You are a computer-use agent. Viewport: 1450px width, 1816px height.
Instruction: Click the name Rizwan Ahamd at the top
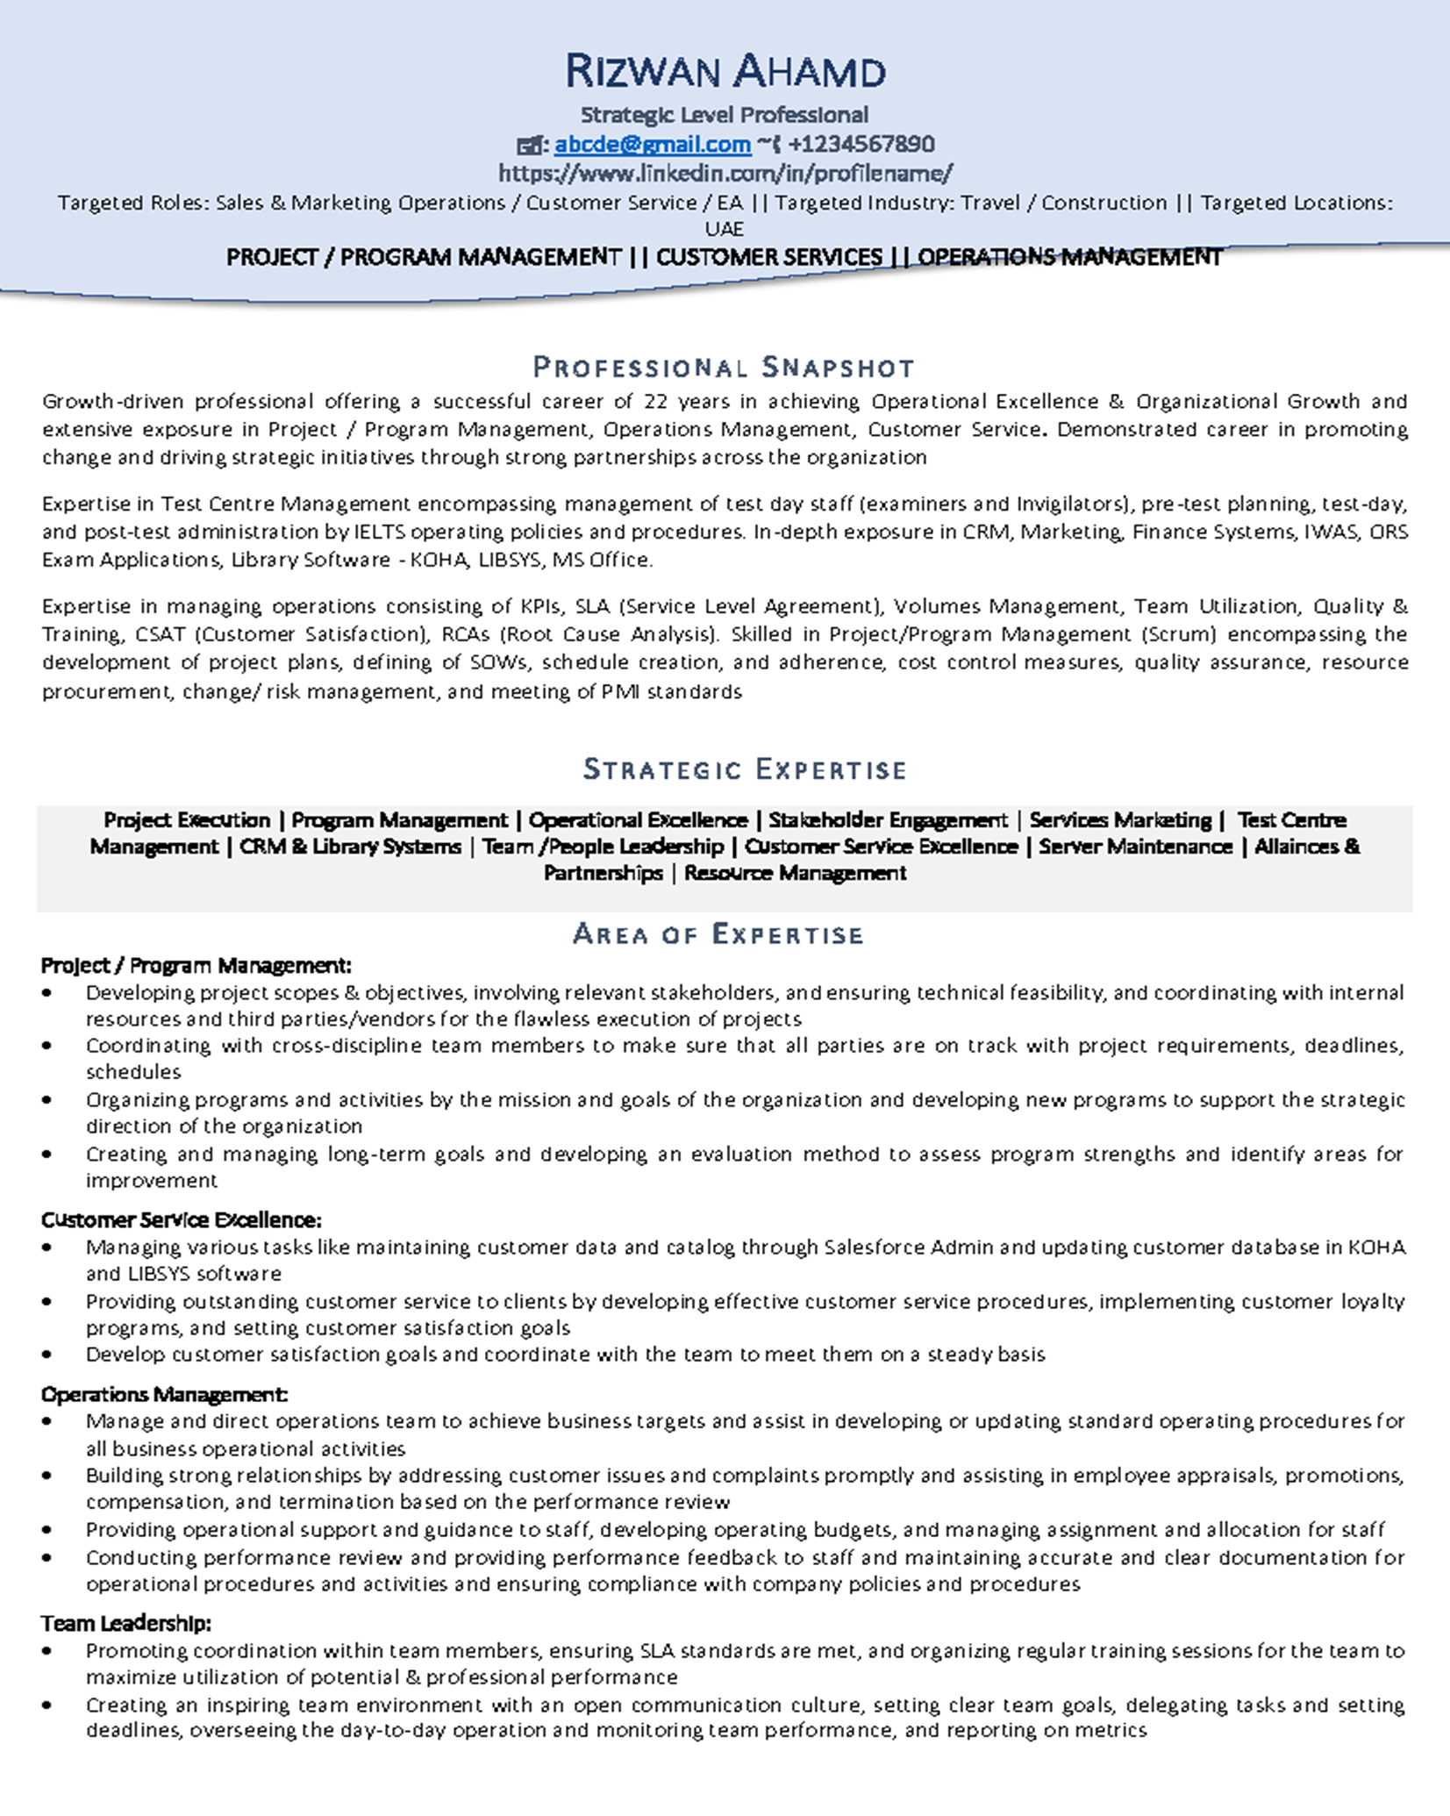click(725, 72)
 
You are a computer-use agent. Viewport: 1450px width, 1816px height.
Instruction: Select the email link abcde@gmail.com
click(653, 144)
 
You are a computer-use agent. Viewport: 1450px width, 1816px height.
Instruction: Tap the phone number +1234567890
click(861, 144)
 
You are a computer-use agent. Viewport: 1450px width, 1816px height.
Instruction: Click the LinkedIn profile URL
click(725, 173)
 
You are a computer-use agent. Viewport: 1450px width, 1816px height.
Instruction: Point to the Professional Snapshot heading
click(725, 367)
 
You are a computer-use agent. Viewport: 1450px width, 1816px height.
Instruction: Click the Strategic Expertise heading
click(745, 769)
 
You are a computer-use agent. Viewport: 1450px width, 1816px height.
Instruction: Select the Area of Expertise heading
click(718, 933)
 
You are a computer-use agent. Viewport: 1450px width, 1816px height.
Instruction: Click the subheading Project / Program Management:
click(196, 965)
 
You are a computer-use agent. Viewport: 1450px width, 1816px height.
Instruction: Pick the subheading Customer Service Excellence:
click(181, 1219)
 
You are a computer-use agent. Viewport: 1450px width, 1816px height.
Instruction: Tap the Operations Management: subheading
click(164, 1393)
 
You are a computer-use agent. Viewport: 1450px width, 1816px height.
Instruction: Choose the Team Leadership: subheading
click(125, 1623)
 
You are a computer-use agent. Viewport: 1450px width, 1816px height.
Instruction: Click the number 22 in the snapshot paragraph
click(655, 401)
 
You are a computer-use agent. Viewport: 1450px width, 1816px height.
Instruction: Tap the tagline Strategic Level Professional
click(725, 114)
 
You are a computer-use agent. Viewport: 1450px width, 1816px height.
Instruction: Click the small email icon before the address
click(529, 145)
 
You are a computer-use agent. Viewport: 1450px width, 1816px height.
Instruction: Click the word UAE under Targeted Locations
click(725, 229)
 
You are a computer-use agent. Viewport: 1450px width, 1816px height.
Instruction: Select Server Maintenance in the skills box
click(1135, 847)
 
